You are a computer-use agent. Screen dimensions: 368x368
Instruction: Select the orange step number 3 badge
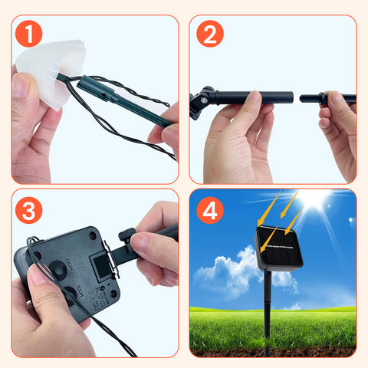click(x=28, y=209)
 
